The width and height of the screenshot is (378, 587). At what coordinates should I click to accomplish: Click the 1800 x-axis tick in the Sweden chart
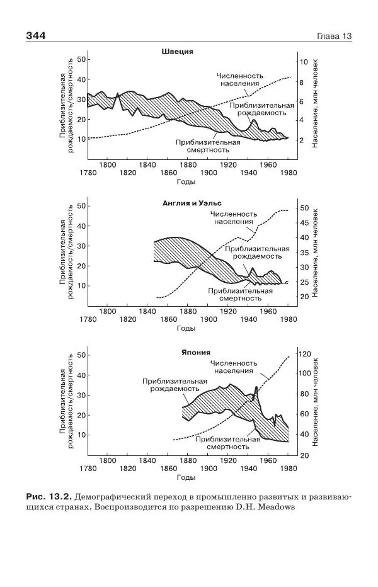[108, 165]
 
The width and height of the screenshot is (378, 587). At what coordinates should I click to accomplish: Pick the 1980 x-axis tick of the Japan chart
[288, 469]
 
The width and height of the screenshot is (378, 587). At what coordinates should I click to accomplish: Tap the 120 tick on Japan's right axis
[304, 354]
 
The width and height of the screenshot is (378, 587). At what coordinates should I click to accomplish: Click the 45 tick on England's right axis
[304, 223]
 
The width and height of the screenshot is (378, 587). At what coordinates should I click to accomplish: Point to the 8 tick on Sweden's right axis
[302, 83]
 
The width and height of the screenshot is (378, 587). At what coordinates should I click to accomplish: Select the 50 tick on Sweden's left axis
[81, 59]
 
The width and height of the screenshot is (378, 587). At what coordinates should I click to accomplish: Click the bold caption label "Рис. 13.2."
[43, 495]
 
